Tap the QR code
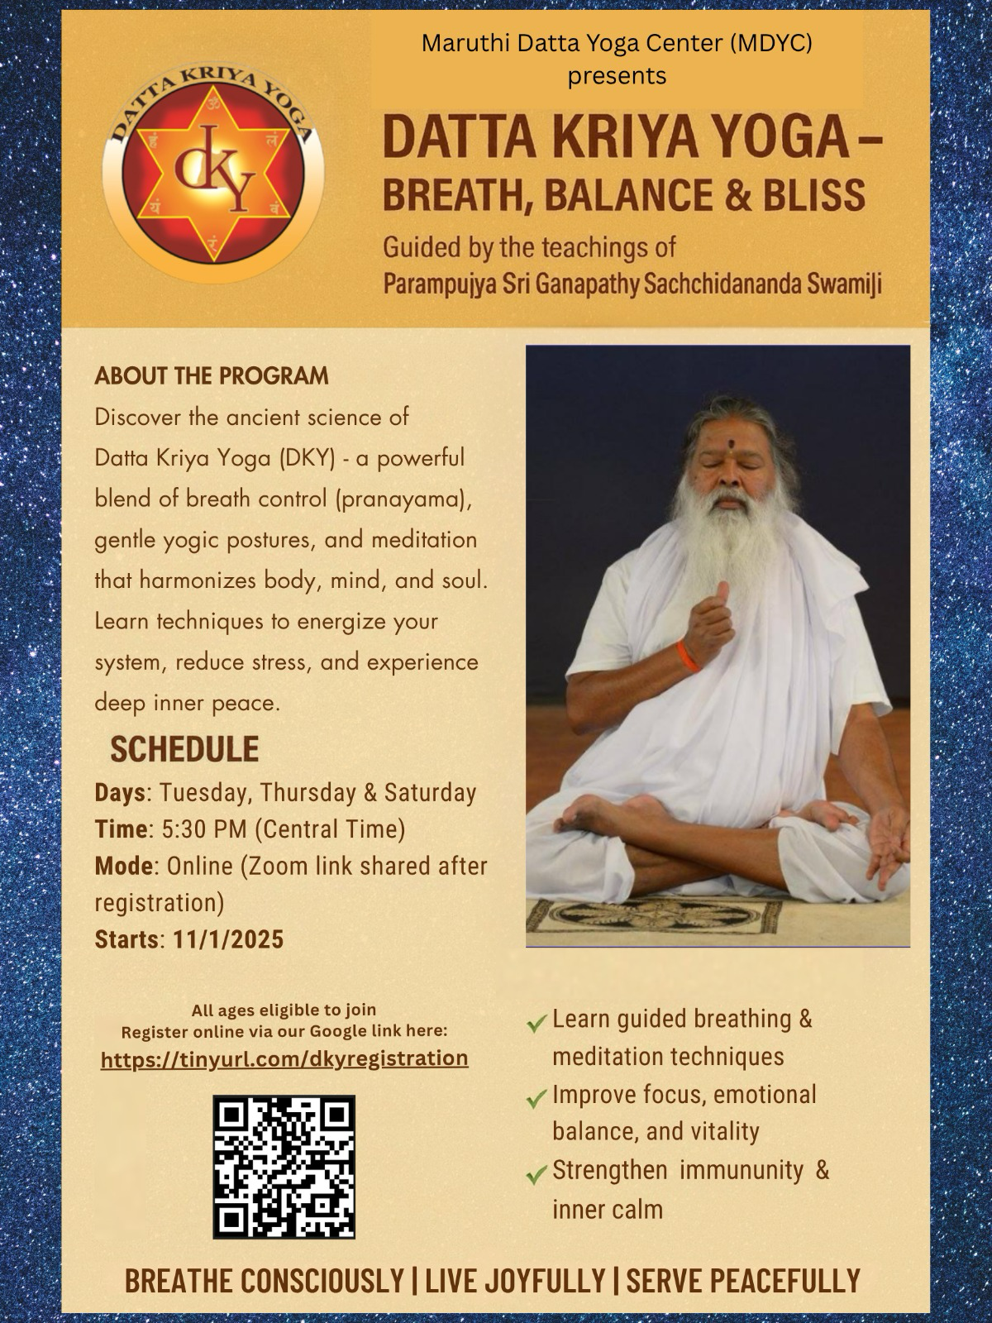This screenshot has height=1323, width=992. tap(284, 1167)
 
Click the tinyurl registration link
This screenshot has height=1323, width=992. tap(284, 1058)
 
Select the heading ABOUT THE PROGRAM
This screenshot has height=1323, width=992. tap(212, 376)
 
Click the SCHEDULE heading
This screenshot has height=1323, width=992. tap(184, 749)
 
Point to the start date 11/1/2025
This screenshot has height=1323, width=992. tap(229, 939)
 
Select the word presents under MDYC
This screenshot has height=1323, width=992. tap(617, 76)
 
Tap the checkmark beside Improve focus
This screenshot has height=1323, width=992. tap(537, 1099)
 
